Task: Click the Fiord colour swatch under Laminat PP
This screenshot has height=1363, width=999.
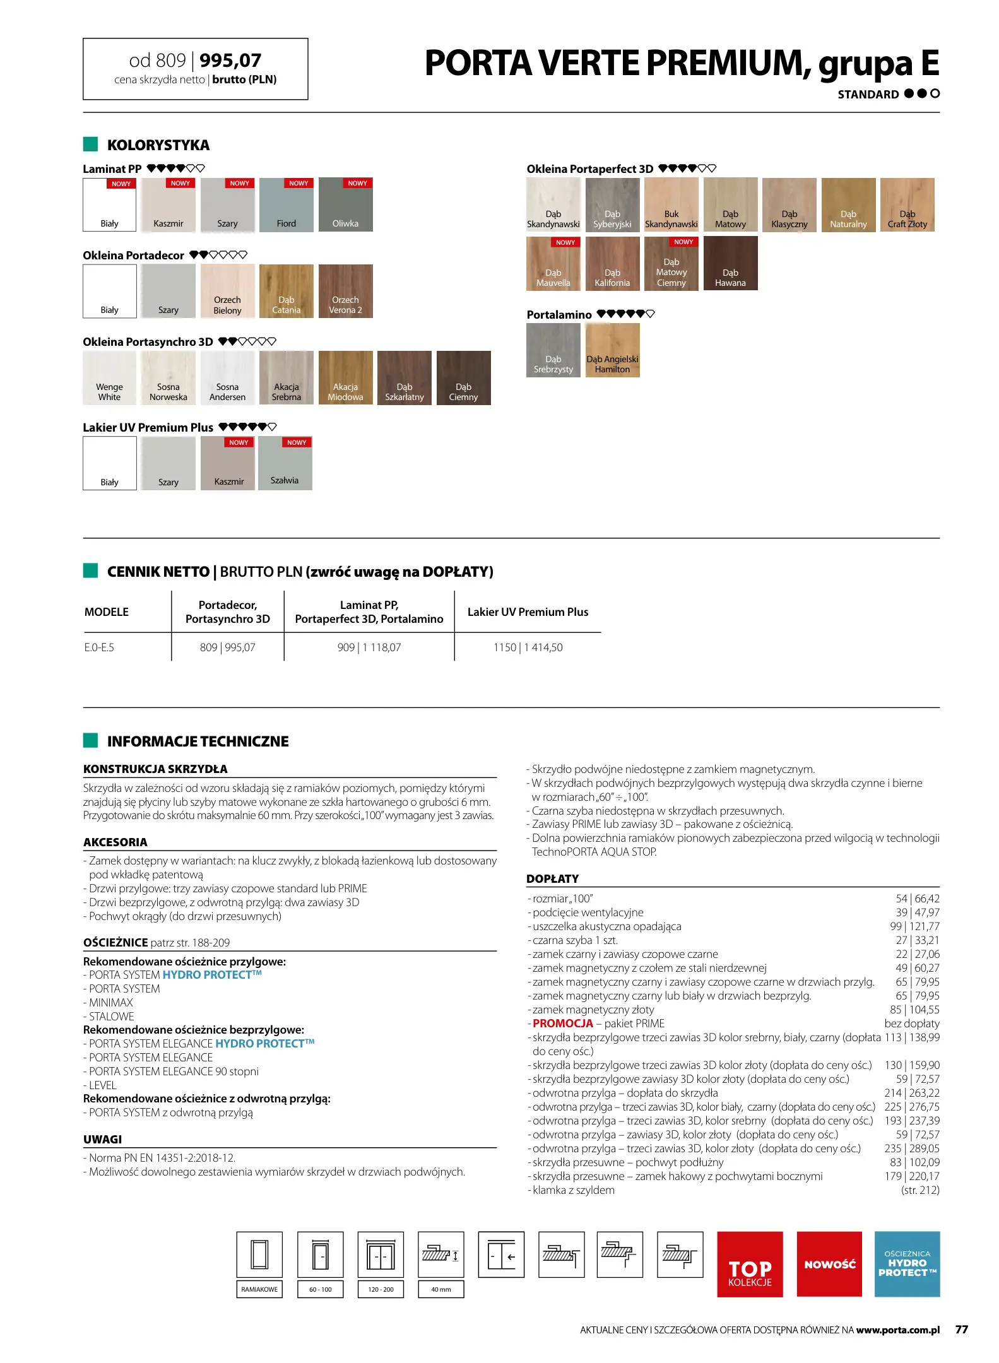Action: (x=286, y=205)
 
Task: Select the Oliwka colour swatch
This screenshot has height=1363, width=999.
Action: (x=345, y=205)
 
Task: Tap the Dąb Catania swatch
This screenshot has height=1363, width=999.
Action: (x=286, y=291)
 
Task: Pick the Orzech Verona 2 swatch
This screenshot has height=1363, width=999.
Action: (x=345, y=291)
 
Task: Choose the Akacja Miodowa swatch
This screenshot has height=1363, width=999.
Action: (x=345, y=377)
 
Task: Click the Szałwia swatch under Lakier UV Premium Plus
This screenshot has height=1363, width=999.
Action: (x=285, y=463)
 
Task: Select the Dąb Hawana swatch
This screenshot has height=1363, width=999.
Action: (x=730, y=263)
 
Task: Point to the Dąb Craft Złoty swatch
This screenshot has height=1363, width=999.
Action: (x=907, y=205)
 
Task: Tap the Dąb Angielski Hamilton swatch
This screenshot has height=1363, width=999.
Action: (x=612, y=350)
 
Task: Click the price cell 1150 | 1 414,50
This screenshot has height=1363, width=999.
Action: (x=528, y=647)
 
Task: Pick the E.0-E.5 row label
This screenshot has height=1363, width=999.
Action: (x=99, y=647)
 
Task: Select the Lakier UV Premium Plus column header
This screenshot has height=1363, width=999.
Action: (x=528, y=612)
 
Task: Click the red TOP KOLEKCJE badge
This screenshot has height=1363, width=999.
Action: (x=750, y=1264)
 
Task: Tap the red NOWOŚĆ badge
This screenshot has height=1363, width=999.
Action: (x=829, y=1264)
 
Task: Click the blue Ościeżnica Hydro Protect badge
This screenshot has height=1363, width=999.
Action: (x=907, y=1264)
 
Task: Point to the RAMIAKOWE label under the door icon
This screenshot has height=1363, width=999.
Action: (x=259, y=1289)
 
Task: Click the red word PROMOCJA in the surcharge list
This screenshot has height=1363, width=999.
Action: (x=562, y=1024)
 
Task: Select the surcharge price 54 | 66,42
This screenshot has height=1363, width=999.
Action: (x=917, y=899)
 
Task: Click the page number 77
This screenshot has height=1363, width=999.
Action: (x=961, y=1330)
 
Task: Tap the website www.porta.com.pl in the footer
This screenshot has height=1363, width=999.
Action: (x=897, y=1330)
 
